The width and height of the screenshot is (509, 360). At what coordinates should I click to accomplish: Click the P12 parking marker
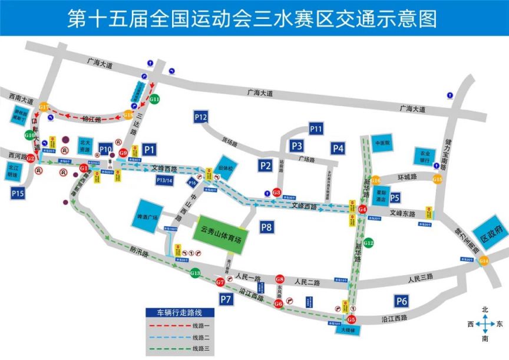(201, 118)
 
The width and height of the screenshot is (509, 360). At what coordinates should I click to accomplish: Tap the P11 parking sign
(316, 128)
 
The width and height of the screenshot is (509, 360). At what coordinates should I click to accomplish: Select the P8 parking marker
(267, 227)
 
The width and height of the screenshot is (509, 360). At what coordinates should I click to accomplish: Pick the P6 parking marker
(402, 301)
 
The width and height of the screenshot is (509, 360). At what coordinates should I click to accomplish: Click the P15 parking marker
(17, 192)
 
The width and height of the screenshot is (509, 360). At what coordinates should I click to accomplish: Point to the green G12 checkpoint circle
(369, 243)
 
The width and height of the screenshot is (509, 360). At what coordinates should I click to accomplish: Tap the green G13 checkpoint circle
(196, 273)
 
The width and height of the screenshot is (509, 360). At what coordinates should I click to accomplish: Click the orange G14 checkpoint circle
(484, 261)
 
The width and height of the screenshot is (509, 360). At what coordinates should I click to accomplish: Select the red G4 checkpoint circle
(362, 209)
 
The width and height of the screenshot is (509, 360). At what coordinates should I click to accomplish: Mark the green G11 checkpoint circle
(154, 100)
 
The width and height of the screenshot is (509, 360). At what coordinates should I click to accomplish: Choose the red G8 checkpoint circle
(280, 279)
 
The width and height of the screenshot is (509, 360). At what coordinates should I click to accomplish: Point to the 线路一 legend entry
(182, 326)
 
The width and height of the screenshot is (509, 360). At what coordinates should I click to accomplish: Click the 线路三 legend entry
(182, 348)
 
